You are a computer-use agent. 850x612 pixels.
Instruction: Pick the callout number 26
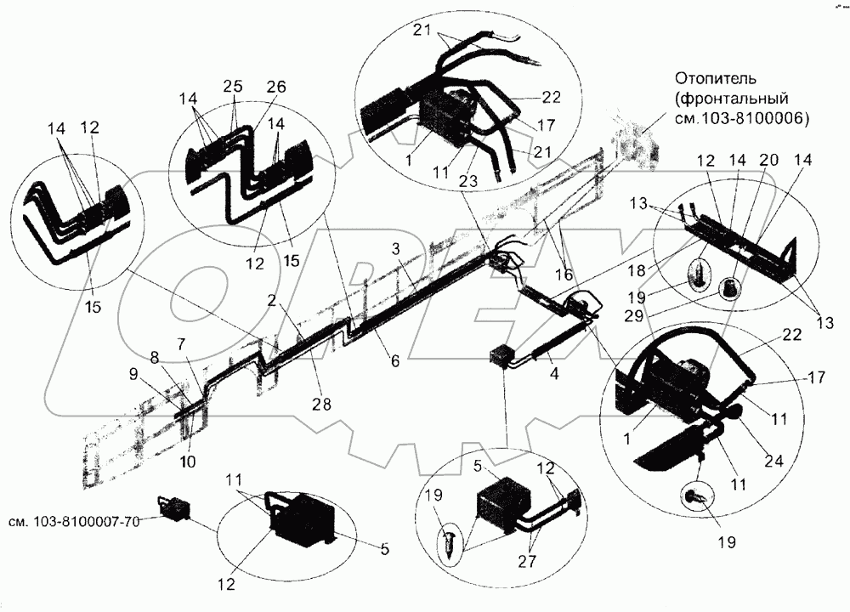click(x=277, y=87)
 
